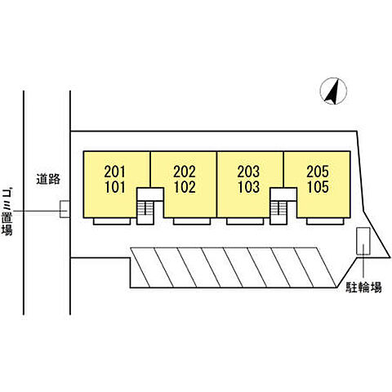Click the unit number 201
coord(115,171)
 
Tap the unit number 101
coord(115,187)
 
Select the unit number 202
coord(185,171)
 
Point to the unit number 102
coord(185,187)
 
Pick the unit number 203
coord(248,171)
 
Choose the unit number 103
coord(248,187)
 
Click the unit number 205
coord(318,171)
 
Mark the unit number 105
coord(318,187)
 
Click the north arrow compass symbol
coord(333,91)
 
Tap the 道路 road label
coord(48,180)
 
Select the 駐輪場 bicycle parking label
coord(363,287)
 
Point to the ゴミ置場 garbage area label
coord(7,212)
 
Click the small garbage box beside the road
coord(65,209)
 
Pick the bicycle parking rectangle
coord(363,241)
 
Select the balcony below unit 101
coord(112,221)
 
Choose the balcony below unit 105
coord(325,221)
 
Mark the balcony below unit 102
coord(192,221)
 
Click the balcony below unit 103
coord(245,221)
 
